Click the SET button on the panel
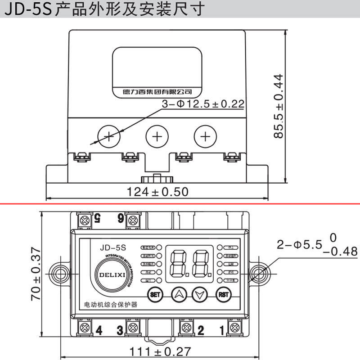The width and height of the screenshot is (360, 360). (x=155, y=295)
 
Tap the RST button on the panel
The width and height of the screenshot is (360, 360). (x=223, y=295)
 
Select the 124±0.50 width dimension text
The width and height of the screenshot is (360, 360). (x=157, y=192)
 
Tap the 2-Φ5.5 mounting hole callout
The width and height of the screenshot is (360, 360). (x=310, y=244)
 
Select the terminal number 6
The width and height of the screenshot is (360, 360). (x=121, y=219)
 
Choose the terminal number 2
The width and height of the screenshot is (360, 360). (x=201, y=330)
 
